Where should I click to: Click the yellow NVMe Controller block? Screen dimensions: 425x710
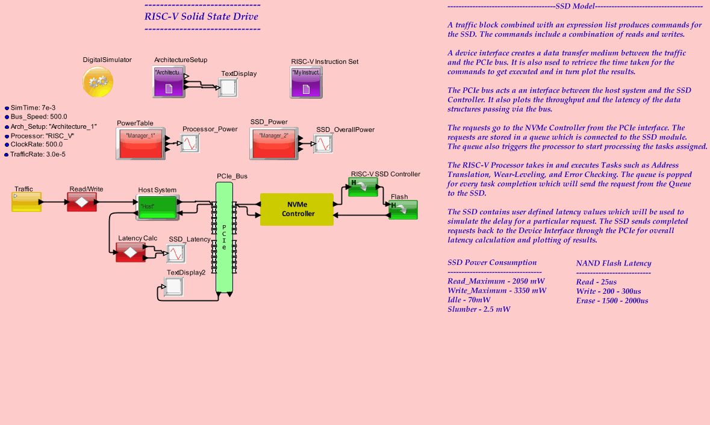click(296, 209)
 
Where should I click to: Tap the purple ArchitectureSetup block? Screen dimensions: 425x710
click(169, 82)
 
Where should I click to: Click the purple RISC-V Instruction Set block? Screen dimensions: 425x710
click(306, 82)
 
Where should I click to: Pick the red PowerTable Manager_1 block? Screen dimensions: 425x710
click(140, 143)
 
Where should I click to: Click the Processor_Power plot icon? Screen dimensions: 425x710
click(190, 143)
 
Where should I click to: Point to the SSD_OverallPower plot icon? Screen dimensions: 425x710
click(324, 144)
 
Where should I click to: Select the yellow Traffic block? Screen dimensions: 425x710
click(26, 202)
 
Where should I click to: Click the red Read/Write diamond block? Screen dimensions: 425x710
click(81, 202)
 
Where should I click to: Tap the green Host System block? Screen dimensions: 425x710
click(157, 206)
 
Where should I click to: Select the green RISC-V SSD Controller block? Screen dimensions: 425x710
click(363, 187)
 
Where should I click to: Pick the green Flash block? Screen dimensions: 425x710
click(402, 209)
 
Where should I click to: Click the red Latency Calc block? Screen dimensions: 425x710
click(130, 252)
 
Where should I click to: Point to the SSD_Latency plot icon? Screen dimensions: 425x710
click(176, 253)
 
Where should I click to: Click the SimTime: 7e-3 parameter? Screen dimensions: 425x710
click(33, 107)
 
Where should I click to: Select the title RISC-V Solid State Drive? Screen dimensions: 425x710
click(201, 16)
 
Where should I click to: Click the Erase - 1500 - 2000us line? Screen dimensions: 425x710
click(612, 300)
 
